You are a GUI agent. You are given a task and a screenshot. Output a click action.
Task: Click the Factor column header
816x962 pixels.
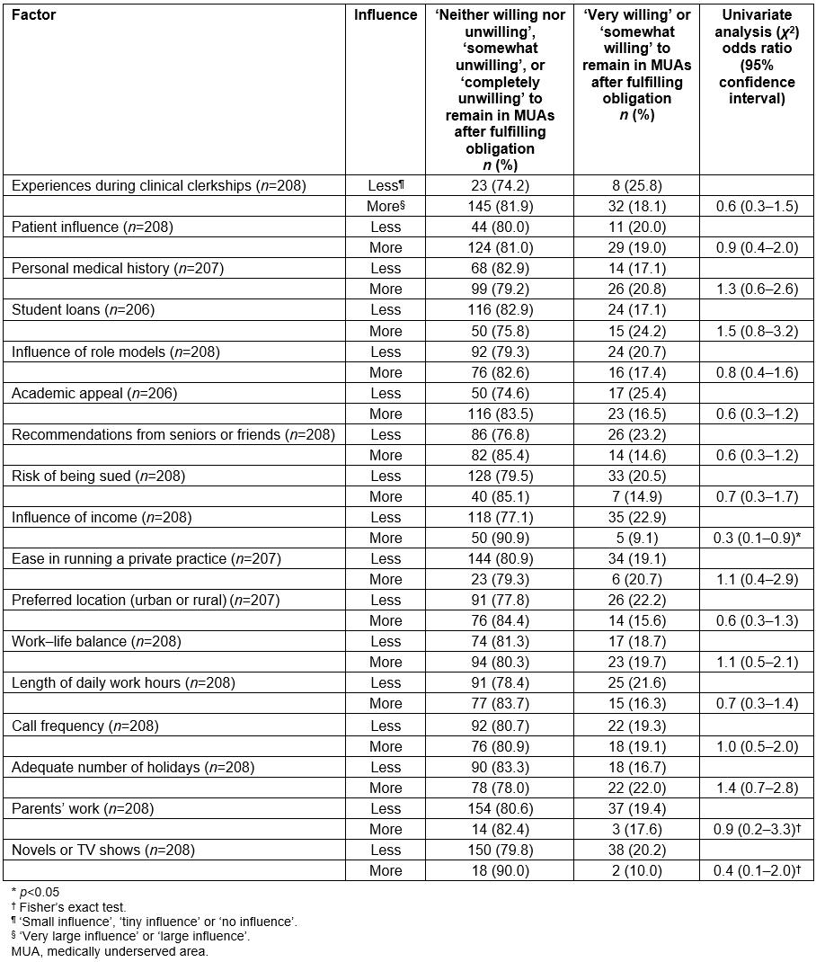[x=34, y=15]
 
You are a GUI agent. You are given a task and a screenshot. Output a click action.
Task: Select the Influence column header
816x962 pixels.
[x=386, y=15]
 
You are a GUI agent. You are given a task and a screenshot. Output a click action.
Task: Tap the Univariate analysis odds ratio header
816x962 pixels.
[x=757, y=57]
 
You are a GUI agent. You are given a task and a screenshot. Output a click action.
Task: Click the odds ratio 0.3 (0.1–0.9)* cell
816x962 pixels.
[x=757, y=538]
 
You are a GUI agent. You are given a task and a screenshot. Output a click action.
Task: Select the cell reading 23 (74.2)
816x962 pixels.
[x=500, y=186]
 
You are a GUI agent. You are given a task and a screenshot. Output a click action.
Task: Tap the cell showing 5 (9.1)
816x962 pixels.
[x=636, y=538]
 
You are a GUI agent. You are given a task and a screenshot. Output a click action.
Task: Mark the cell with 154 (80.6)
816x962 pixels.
[x=500, y=808]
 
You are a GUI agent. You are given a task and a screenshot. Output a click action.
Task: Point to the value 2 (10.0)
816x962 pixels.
[x=636, y=870]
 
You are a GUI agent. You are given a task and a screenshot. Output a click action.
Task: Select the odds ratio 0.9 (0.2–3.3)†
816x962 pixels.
[x=757, y=829]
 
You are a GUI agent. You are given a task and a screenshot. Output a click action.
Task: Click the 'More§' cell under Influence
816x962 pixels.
[x=386, y=207]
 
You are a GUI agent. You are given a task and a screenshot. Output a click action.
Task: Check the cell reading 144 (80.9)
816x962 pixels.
[x=500, y=559]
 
